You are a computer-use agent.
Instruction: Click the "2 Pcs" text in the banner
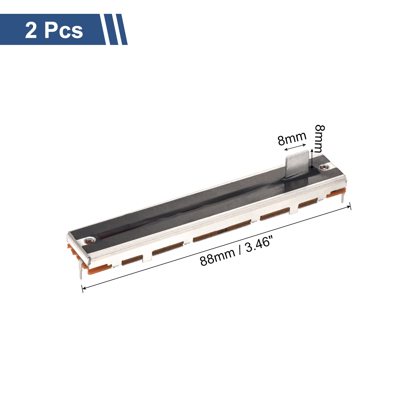[x=54, y=31]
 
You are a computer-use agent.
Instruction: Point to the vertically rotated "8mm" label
[x=320, y=139]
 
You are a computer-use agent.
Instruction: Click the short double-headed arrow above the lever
[x=295, y=147]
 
